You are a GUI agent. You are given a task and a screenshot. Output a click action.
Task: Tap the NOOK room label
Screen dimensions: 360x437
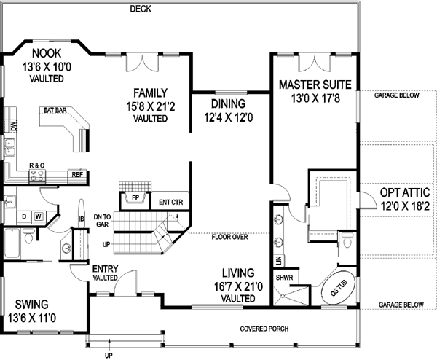tap(45, 53)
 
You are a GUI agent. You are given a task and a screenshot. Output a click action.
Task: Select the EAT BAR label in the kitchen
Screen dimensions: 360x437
tap(55, 112)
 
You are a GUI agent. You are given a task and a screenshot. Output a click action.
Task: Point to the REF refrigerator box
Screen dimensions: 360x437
tap(76, 175)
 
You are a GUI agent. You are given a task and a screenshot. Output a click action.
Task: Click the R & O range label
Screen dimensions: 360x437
tap(36, 165)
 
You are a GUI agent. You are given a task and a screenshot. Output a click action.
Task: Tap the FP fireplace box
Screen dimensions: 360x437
tap(134, 197)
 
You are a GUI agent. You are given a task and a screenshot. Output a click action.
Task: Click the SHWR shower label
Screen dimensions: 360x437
tap(284, 276)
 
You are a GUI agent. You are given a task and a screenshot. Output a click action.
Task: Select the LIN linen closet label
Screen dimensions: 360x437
tap(279, 259)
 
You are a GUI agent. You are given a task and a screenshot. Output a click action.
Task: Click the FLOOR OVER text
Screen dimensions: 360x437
tap(229, 237)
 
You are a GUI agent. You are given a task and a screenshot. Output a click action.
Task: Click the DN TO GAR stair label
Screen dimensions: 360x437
tap(102, 220)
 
